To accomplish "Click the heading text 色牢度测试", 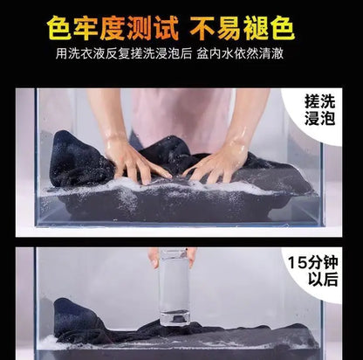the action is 113,27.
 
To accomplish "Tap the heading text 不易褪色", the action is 242,27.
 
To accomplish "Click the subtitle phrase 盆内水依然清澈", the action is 240,54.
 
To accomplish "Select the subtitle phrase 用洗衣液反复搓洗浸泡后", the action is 124,54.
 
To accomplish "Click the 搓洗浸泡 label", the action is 319,110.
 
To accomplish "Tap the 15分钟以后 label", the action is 313,271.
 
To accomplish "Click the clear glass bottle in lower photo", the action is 174,287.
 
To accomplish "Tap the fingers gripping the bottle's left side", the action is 154,258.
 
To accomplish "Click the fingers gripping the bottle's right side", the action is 192,257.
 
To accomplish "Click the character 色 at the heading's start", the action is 59,28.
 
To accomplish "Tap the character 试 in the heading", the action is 166,28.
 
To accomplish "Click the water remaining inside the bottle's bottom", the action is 175,317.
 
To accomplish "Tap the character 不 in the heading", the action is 202,28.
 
